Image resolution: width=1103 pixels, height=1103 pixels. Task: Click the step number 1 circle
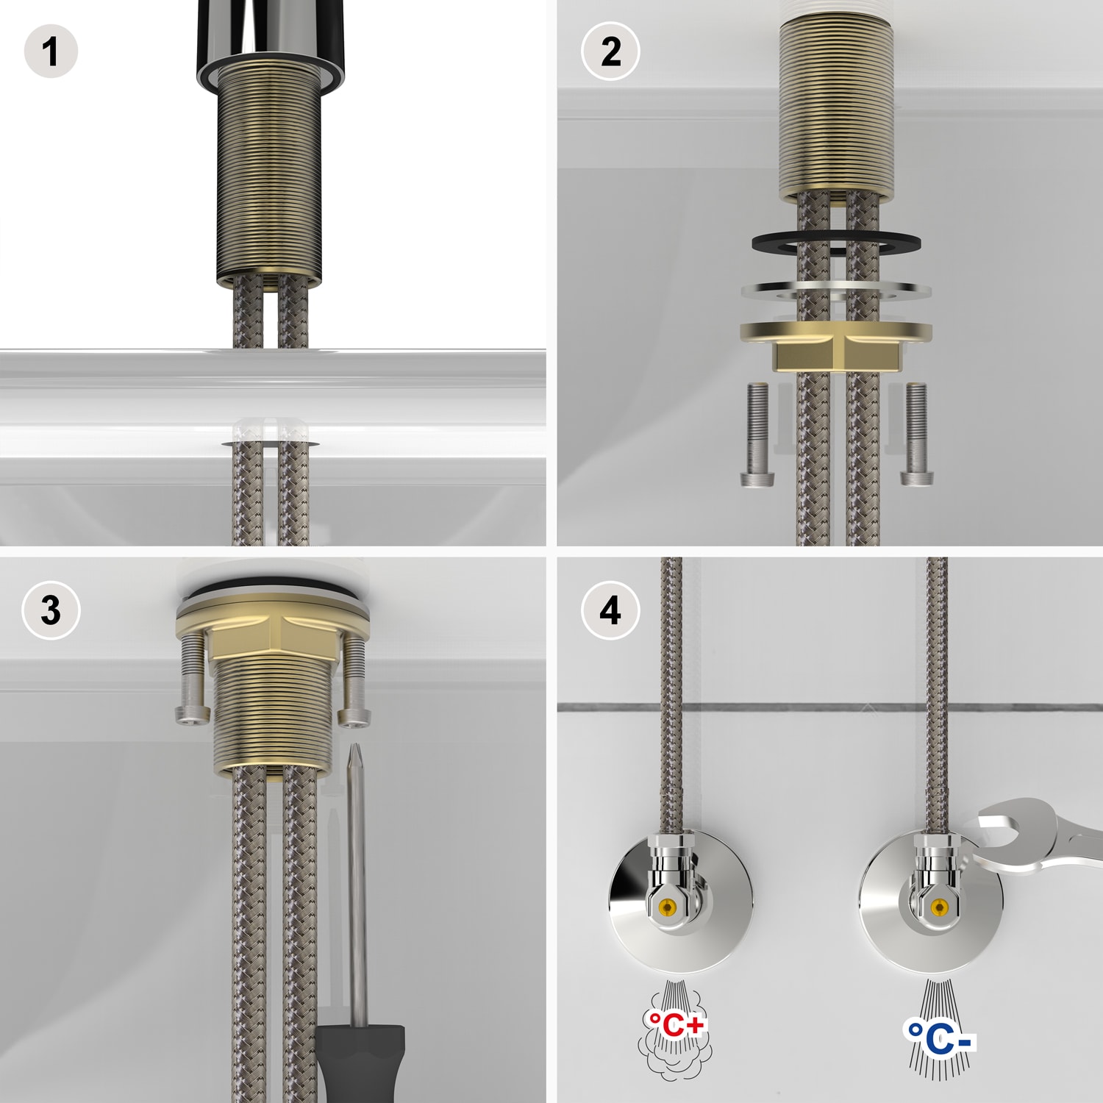(x=51, y=51)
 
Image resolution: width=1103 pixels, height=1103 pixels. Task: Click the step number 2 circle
(x=610, y=51)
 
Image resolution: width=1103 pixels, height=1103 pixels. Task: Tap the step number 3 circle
(x=51, y=610)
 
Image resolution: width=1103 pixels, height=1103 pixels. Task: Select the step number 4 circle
(x=610, y=610)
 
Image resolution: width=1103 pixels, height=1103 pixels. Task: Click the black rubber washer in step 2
(x=836, y=243)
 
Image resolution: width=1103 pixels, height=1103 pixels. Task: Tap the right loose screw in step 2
(x=916, y=434)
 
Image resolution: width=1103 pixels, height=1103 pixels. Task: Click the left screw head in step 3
(x=192, y=714)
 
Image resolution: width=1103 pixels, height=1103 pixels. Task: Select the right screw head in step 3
(x=354, y=714)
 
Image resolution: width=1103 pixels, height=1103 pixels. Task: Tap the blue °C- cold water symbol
(x=939, y=1040)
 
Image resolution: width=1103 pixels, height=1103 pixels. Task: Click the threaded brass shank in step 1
(x=268, y=176)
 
